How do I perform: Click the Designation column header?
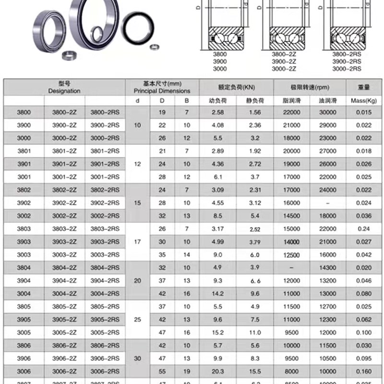click(64, 91)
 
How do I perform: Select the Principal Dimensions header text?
click(162, 91)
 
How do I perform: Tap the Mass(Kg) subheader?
click(364, 101)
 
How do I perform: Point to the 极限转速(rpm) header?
click(309, 87)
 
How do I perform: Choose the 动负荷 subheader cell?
click(217, 101)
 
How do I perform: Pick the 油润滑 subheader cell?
click(328, 101)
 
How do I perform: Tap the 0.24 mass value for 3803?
click(364, 228)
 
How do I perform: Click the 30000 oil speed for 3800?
click(328, 112)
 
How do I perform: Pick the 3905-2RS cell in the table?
click(105, 319)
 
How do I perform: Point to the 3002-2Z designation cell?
click(64, 216)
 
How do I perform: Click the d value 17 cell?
click(138, 241)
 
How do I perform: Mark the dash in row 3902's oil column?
click(328, 203)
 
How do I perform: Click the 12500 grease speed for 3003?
click(291, 254)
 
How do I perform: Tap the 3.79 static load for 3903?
click(255, 241)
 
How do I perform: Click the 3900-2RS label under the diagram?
click(347, 62)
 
